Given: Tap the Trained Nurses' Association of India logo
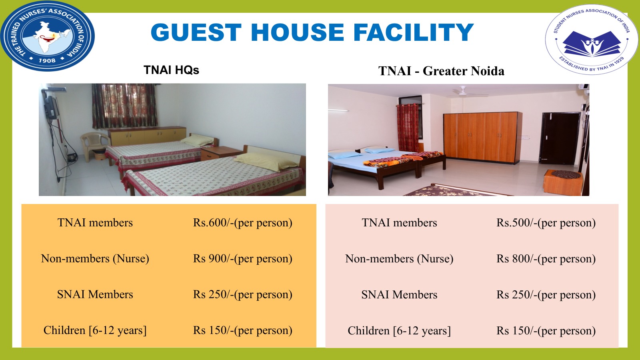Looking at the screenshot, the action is pyautogui.click(x=48, y=36).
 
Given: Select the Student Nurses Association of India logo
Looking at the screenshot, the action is pyautogui.click(x=592, y=40).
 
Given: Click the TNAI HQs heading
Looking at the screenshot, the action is pyautogui.click(x=171, y=70).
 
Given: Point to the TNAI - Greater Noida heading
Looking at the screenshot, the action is pyautogui.click(x=441, y=71).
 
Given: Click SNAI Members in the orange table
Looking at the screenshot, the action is pyautogui.click(x=95, y=294).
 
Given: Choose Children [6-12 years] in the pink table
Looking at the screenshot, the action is pyautogui.click(x=399, y=330).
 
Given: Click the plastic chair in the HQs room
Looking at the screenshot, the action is pyautogui.click(x=95, y=146).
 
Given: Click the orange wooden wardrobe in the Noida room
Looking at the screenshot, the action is pyautogui.click(x=482, y=138).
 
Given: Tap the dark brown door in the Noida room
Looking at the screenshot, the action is pyautogui.click(x=560, y=138).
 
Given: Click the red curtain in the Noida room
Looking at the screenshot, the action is pyautogui.click(x=408, y=128).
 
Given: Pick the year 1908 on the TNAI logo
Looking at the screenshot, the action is pyautogui.click(x=47, y=60).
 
